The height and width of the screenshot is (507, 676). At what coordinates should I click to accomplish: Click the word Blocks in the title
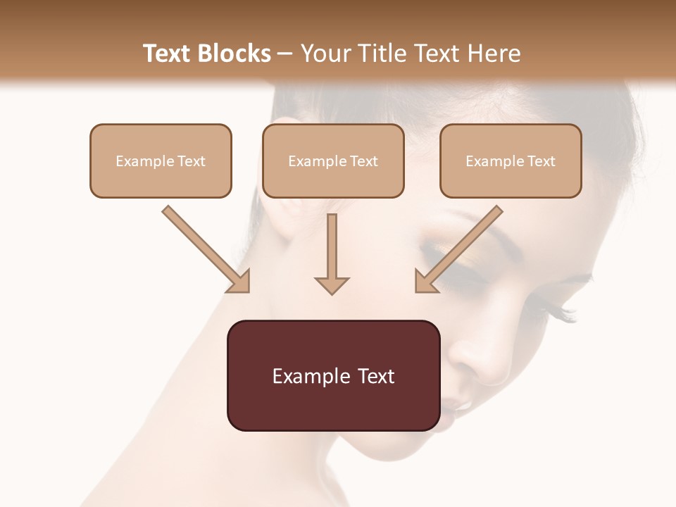pos(234,54)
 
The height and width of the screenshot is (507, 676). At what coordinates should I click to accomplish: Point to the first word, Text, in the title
pos(167,54)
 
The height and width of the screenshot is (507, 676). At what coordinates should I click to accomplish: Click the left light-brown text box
pos(161,161)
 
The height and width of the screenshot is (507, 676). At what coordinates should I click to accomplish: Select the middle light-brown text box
pos(333,161)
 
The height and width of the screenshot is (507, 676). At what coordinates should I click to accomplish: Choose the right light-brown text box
pos(511,161)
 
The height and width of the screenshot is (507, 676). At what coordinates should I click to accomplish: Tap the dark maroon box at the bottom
pos(333,375)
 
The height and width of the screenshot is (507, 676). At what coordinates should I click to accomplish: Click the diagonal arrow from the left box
pos(206,249)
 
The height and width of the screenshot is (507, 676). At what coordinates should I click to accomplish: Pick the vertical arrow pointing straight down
pos(332,254)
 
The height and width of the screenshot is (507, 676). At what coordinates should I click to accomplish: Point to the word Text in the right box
pos(541,161)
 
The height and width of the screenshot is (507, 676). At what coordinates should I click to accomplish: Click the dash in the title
pos(285,54)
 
